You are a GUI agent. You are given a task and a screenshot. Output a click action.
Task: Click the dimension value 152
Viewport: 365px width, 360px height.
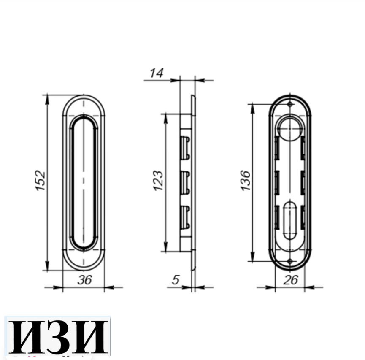click(x=40, y=181)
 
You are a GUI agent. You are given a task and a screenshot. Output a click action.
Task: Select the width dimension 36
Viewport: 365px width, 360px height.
click(x=85, y=280)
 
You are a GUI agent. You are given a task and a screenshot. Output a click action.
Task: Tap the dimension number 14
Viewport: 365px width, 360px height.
click(x=156, y=73)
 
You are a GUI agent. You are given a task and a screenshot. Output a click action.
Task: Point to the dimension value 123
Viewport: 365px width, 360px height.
click(x=158, y=181)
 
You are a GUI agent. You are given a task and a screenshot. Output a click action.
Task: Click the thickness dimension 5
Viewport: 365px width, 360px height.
click(x=176, y=280)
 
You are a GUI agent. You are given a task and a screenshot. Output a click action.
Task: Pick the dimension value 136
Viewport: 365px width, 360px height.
click(x=246, y=181)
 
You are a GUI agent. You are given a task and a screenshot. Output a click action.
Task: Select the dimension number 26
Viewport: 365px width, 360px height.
click(x=291, y=280)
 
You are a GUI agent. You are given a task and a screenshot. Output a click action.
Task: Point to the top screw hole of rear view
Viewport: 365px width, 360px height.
click(x=289, y=104)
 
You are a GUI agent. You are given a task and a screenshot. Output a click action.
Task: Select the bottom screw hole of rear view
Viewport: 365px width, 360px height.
click(x=289, y=261)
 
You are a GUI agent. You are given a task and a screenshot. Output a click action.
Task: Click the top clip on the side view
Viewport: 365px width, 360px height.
click(x=184, y=148)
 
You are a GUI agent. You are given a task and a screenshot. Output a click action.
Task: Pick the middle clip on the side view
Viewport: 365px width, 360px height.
click(x=184, y=182)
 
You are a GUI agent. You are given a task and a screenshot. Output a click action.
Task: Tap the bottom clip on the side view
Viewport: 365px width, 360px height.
click(x=184, y=217)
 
